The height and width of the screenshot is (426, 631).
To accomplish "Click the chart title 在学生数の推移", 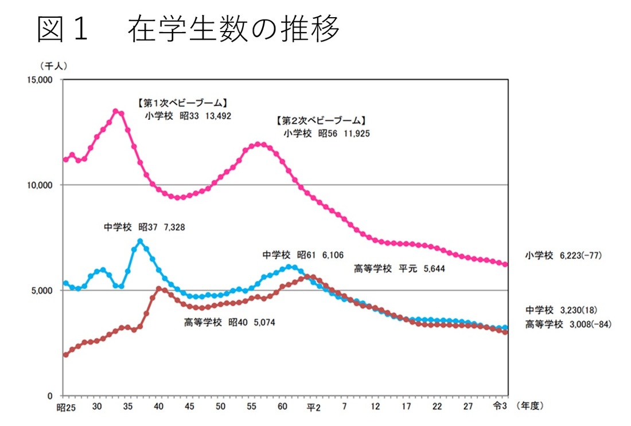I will pyautogui.click(x=234, y=29).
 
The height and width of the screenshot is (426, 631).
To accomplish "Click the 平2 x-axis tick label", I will pyautogui.click(x=313, y=407).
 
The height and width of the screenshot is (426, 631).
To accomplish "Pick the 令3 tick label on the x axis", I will pyautogui.click(x=500, y=407).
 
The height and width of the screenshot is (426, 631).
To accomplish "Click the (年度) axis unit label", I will pyautogui.click(x=529, y=406).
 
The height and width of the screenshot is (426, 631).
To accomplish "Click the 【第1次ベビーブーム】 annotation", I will pyautogui.click(x=182, y=103).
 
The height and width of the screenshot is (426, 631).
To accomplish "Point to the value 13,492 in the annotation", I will pyautogui.click(x=218, y=115).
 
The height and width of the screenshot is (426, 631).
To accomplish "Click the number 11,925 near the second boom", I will pyautogui.click(x=355, y=134).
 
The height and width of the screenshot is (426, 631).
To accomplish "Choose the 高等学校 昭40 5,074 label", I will pyautogui.click(x=229, y=323).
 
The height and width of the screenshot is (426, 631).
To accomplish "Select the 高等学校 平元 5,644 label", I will pyautogui.click(x=400, y=268).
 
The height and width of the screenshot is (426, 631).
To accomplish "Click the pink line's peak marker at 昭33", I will pyautogui.click(x=115, y=111).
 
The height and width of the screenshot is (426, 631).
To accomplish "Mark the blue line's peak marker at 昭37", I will pyautogui.click(x=140, y=241).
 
